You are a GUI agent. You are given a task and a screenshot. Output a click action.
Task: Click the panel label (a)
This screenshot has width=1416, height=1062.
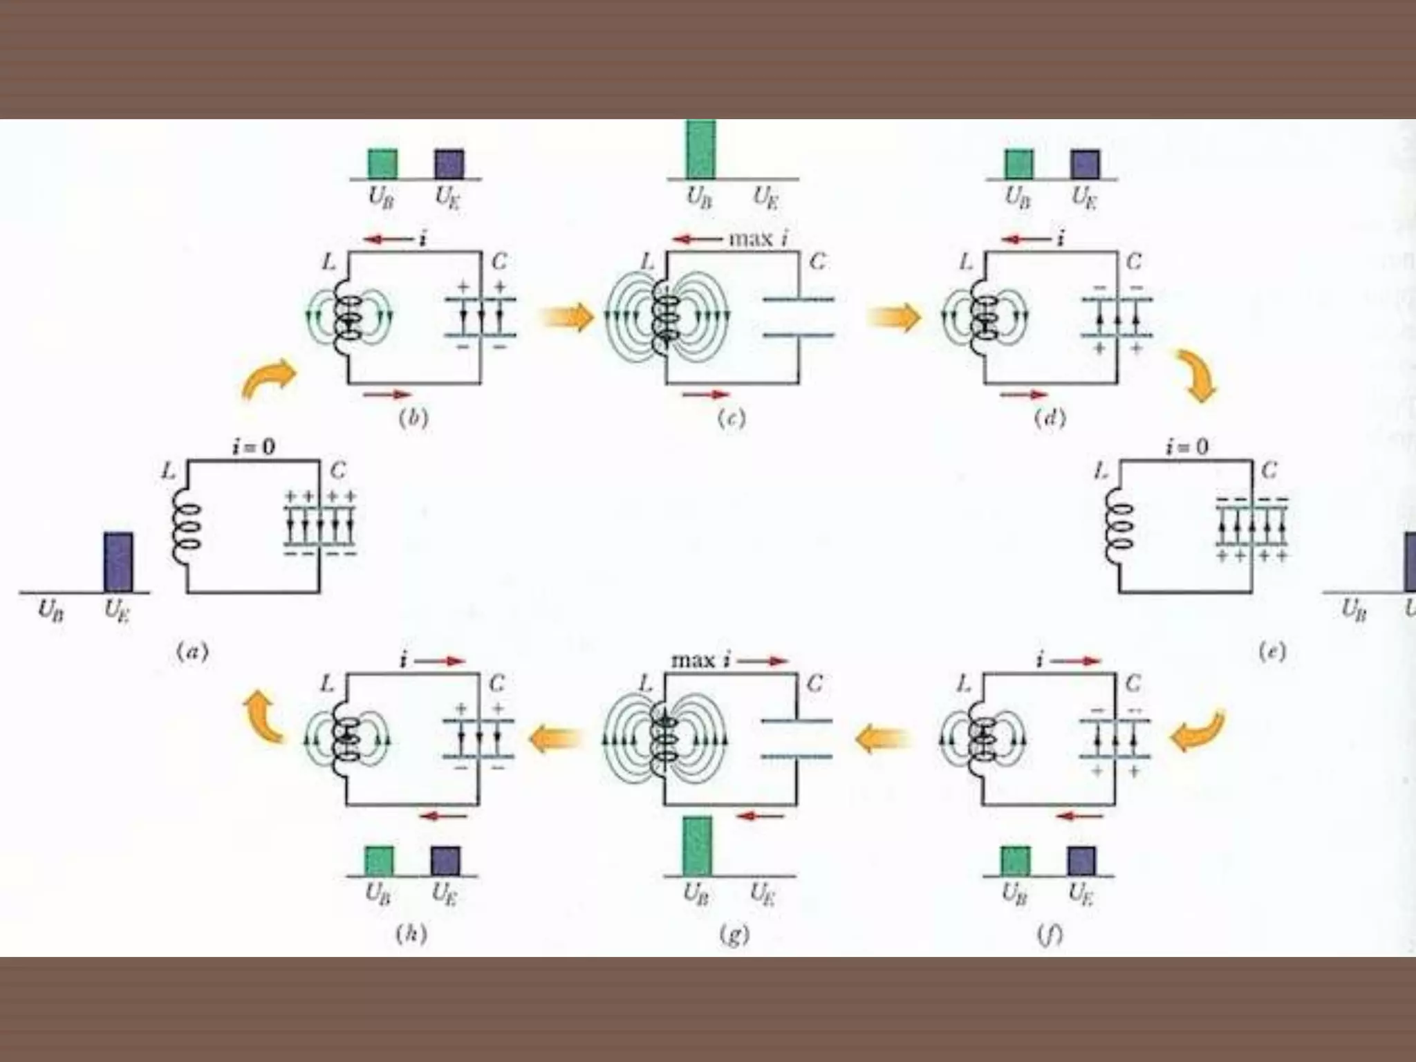pos(193,651)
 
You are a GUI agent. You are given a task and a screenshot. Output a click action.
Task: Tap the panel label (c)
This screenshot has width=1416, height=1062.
pos(732,418)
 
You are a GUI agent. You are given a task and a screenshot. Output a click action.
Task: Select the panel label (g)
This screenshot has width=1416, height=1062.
pos(734,934)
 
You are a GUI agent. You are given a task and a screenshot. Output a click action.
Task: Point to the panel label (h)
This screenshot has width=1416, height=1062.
pos(411,934)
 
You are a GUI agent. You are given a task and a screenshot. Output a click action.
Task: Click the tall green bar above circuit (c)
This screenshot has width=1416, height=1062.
pos(700,149)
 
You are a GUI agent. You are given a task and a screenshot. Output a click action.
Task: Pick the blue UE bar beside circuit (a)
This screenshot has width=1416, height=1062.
pos(118,561)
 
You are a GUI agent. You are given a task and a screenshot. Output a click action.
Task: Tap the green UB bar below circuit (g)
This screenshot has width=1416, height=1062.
pos(697,846)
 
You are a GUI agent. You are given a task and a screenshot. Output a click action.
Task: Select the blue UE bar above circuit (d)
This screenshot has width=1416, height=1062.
pos(1085,164)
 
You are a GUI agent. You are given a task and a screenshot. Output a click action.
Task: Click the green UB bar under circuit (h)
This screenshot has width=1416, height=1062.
pos(379,861)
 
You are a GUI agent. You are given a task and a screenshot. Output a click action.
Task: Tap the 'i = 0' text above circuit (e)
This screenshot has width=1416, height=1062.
pos(1186,447)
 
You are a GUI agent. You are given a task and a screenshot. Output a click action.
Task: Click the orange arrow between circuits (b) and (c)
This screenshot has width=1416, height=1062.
pos(567,317)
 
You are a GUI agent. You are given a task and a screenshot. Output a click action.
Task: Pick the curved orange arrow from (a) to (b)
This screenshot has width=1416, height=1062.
pos(268,379)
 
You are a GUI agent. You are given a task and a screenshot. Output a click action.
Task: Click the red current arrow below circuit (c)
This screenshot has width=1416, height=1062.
pos(706,395)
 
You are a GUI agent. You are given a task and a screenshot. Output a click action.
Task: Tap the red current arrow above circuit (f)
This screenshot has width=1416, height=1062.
pos(1079,661)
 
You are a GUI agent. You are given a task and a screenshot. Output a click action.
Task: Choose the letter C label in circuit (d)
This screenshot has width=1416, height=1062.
pos(1134,262)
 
